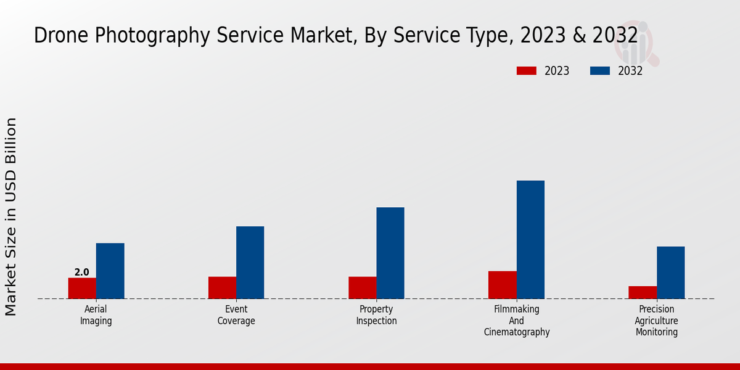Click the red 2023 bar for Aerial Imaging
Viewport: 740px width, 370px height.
[x=82, y=288]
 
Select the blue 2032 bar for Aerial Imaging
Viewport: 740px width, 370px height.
[x=110, y=271]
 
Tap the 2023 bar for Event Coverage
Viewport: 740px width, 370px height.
[x=222, y=287]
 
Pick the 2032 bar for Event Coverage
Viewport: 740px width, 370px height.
[x=250, y=262]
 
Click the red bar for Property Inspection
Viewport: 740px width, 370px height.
[x=362, y=287]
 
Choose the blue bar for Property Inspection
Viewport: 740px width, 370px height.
[x=390, y=253]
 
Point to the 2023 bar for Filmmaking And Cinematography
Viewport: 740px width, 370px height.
[x=502, y=285]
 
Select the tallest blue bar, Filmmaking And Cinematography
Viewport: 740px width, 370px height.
[x=530, y=239]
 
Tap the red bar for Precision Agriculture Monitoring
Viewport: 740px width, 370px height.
[x=643, y=292]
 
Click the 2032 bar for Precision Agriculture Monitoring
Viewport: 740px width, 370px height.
[x=670, y=273]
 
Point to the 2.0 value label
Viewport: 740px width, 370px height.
[x=81, y=272]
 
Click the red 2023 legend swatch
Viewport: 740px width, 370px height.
[x=526, y=71]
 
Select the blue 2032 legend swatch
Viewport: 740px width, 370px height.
[x=599, y=71]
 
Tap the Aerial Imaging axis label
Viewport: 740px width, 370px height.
[x=96, y=315]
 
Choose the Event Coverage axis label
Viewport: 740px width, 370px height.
[x=236, y=315]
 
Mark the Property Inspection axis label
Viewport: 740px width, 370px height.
[x=376, y=315]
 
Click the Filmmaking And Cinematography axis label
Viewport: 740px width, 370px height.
[x=516, y=321]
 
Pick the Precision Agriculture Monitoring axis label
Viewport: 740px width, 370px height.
[x=656, y=321]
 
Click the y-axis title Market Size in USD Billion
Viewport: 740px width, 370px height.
[x=11, y=216]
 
